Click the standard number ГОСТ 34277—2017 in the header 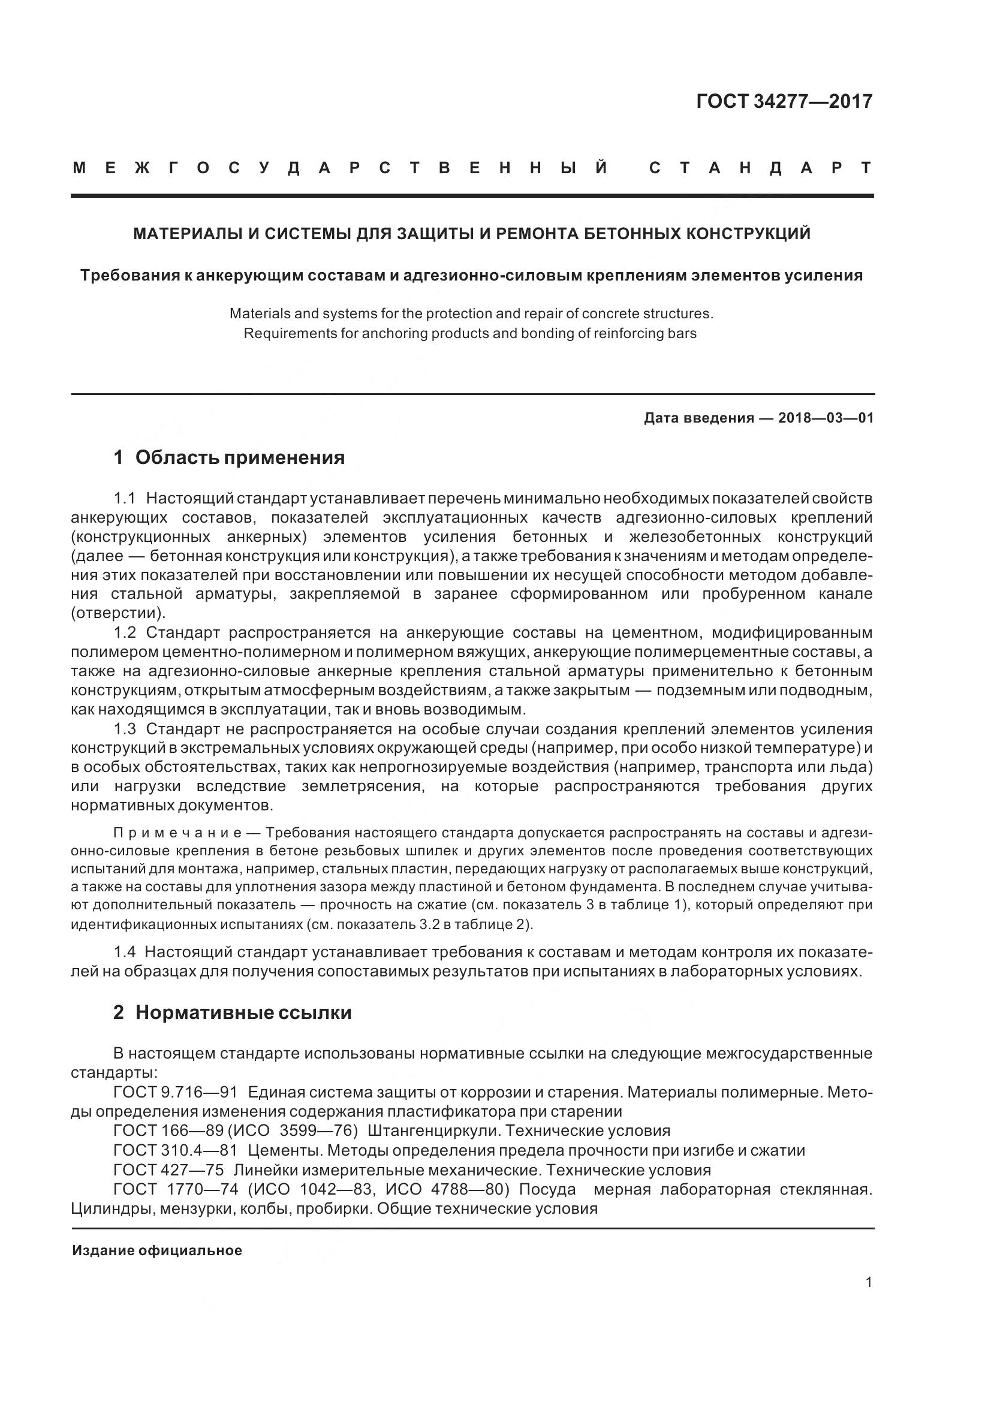[x=784, y=101]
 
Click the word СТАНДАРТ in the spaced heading [x=760, y=168]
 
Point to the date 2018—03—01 [x=826, y=418]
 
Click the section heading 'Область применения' [x=239, y=457]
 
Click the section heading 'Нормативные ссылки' [x=243, y=1013]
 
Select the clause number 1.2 [x=125, y=632]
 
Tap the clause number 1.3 [x=125, y=729]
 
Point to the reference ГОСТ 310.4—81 [x=174, y=1150]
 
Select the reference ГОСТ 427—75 [x=168, y=1170]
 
